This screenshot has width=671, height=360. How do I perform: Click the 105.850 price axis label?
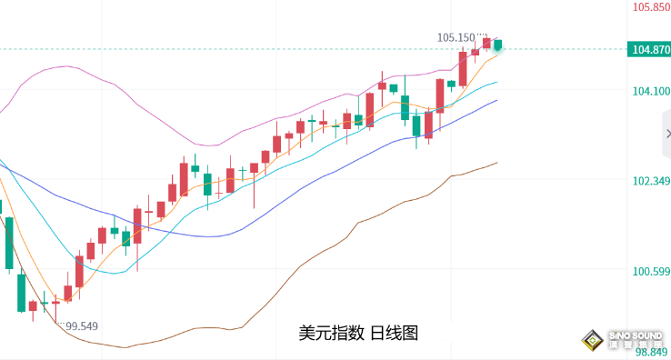[x=649, y=7]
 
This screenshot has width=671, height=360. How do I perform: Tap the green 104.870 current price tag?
[x=649, y=49]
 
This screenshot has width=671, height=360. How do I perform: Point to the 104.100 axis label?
[x=649, y=91]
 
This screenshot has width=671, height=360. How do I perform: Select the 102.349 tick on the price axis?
[x=649, y=182]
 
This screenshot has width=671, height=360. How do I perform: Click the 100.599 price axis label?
[x=649, y=272]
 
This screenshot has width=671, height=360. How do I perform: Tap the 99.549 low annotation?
[x=81, y=325]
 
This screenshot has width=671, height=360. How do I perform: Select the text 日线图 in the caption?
[x=394, y=334]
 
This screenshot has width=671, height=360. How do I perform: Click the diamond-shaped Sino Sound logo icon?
[x=593, y=341]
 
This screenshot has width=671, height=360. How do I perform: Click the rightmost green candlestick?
[x=498, y=45]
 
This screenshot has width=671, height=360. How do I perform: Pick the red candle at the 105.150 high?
[x=487, y=43]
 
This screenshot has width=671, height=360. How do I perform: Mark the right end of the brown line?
[x=497, y=163]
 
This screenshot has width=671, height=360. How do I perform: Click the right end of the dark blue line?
[x=497, y=100]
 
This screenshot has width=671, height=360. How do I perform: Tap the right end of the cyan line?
[x=497, y=81]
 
